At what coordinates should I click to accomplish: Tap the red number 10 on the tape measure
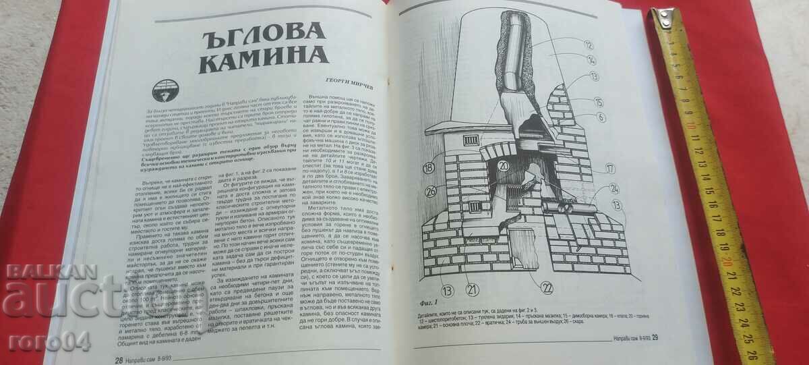[x=691, y=126]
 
